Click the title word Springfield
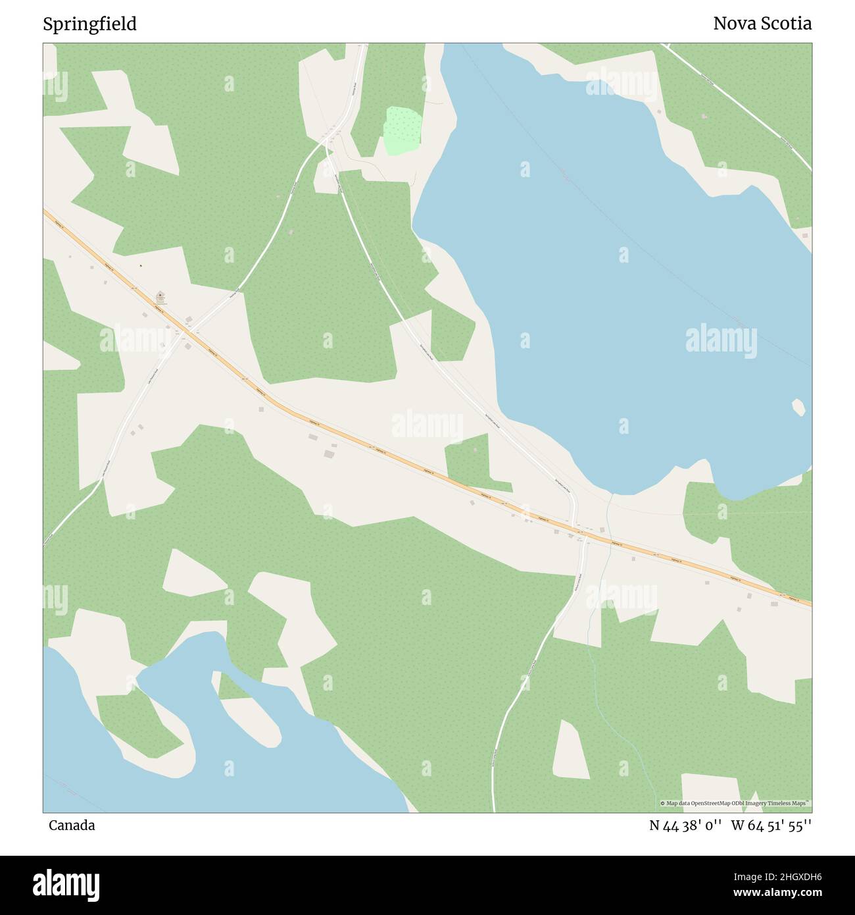[x=89, y=24]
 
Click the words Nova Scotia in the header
[x=762, y=24]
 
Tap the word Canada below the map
[x=71, y=825]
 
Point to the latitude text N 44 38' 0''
[x=686, y=825]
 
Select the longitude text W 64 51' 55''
[x=771, y=825]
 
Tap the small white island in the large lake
[x=799, y=407]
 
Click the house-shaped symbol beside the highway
[x=160, y=296]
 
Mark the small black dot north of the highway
[x=140, y=266]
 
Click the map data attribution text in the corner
[x=735, y=803]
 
